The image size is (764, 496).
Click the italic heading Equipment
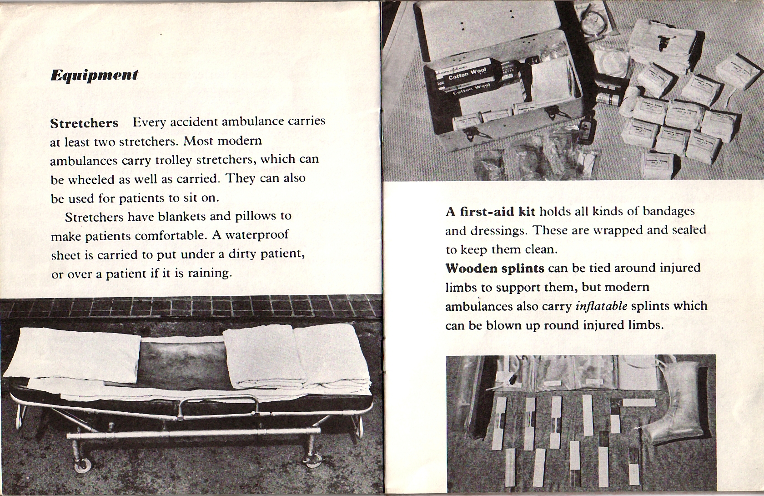94,75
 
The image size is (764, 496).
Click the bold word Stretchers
84,123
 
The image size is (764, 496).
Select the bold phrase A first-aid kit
490,212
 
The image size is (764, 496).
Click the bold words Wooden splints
494,268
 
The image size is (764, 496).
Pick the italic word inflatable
601,306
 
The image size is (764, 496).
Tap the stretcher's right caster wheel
313,461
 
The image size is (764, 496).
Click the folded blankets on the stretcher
296,359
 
